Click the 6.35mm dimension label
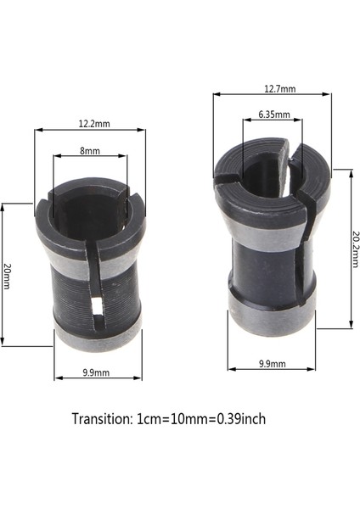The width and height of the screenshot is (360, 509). pos(273,114)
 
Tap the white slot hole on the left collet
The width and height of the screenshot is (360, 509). pos(95,308)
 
